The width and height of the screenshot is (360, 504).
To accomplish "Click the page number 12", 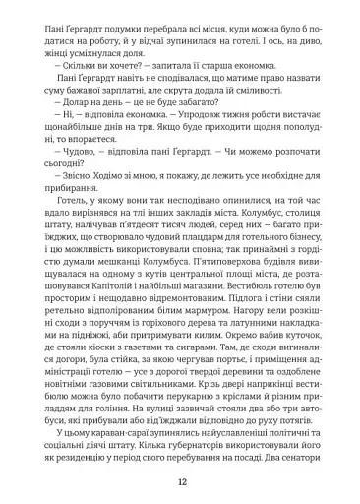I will point(180,480).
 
